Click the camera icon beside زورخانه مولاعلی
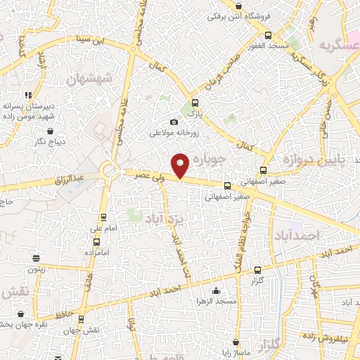174,122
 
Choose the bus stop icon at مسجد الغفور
267,34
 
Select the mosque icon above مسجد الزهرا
216,291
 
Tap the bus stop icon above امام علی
104,217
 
